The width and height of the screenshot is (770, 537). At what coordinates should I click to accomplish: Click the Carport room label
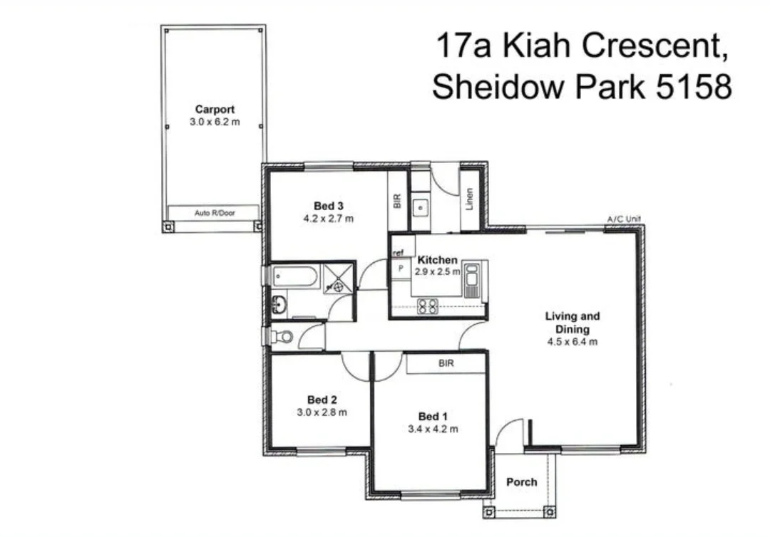[215, 110]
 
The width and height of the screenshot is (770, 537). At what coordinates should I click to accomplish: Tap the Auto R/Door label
[215, 212]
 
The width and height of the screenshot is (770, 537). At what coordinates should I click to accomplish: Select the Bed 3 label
[329, 206]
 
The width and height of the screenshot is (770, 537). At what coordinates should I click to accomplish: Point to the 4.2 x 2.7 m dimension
[329, 219]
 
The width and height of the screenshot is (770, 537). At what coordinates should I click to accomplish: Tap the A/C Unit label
[624, 219]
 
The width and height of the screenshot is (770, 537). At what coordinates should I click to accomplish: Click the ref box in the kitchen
[399, 253]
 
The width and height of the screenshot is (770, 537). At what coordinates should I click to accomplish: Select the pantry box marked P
[401, 268]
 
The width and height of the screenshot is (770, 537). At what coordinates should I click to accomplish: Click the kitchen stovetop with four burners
[428, 306]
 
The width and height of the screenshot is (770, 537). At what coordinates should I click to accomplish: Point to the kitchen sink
[472, 280]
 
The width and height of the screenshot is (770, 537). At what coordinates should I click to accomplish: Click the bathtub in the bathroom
[294, 276]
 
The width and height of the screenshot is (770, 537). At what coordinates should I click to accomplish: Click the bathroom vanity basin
[278, 306]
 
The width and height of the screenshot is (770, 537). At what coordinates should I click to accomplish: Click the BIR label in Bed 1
[447, 363]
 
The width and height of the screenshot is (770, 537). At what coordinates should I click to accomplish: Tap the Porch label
[521, 482]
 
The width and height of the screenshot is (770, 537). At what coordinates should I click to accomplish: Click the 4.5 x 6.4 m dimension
[572, 342]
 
